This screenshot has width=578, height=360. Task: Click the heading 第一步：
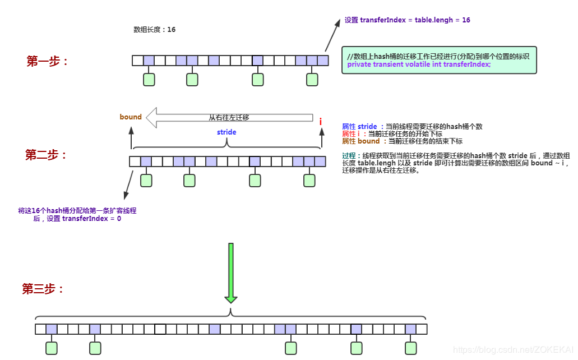[x=48, y=62]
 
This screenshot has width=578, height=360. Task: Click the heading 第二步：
[x=47, y=155]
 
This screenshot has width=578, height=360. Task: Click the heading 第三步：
[x=43, y=289]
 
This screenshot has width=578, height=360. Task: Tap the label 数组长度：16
[x=154, y=30]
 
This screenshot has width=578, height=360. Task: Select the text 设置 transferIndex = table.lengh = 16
[x=407, y=20]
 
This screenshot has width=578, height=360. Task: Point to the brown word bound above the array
[x=131, y=117]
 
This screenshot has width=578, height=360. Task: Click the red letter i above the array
[x=321, y=121]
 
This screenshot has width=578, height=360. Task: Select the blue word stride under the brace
[x=226, y=132]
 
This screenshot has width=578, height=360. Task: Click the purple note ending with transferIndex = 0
[x=77, y=215]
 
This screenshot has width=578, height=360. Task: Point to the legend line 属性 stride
[x=412, y=127]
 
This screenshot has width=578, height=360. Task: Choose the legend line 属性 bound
[x=402, y=141]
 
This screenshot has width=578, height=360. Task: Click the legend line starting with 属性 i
[x=392, y=134]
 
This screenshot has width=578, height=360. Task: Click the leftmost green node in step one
[x=149, y=80]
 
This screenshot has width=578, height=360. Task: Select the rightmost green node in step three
[x=411, y=348]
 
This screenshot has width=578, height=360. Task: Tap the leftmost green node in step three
[x=52, y=348]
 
